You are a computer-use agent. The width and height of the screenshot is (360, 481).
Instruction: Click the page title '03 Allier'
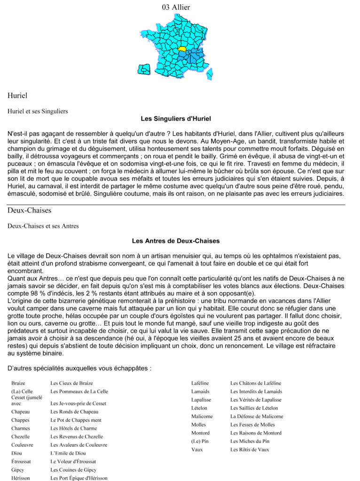click(x=176, y=7)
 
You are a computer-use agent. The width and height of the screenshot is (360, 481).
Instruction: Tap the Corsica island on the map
click(x=210, y=73)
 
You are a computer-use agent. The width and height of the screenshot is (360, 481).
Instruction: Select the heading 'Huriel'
click(x=17, y=95)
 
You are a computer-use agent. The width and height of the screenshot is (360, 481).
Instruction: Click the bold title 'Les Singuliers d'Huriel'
click(x=176, y=118)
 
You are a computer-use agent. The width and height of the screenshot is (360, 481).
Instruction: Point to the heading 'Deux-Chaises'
click(x=29, y=210)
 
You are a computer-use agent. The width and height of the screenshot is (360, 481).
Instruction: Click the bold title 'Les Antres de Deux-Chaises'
click(x=176, y=241)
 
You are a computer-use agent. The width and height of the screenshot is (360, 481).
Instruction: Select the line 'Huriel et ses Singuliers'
click(x=38, y=111)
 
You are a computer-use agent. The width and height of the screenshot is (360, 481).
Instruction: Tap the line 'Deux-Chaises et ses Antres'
click(x=43, y=226)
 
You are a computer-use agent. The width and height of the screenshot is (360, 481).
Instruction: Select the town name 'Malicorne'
click(x=202, y=416)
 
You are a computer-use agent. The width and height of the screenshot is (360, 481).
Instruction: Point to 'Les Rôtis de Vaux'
click(x=250, y=450)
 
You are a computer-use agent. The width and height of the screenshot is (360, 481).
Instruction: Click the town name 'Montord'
click(x=200, y=433)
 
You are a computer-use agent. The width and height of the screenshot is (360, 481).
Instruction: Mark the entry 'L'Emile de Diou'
click(x=68, y=453)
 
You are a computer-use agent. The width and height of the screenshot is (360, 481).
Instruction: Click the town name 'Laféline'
click(x=200, y=383)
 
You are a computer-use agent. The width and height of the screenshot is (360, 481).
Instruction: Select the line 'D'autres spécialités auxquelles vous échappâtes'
click(x=79, y=368)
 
